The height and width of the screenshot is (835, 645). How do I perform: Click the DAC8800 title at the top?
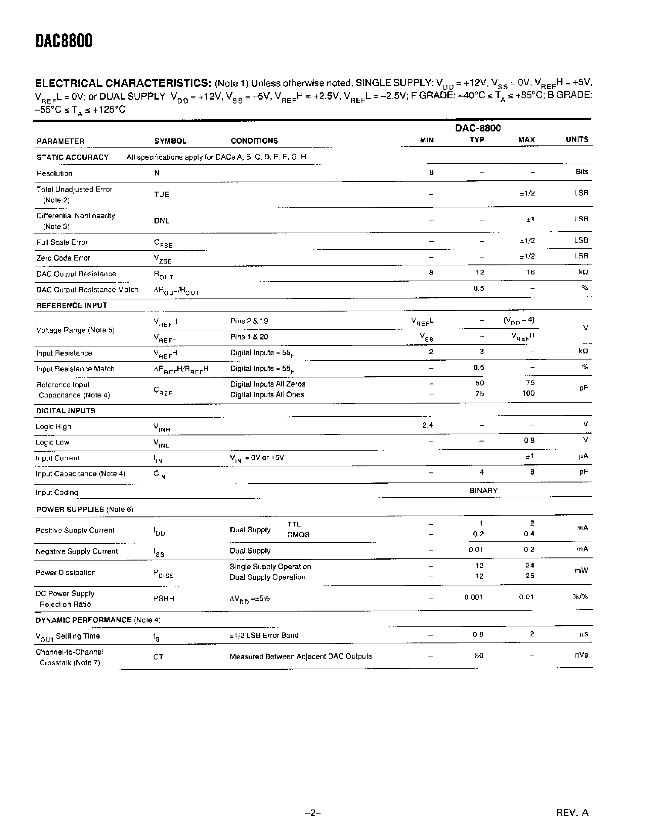click(x=64, y=41)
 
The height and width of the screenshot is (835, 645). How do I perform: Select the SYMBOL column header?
click(x=170, y=141)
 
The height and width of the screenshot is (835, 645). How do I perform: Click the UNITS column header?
click(x=577, y=140)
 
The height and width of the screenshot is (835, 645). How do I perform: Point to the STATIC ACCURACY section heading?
click(x=73, y=157)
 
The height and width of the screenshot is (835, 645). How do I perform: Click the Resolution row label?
click(x=54, y=174)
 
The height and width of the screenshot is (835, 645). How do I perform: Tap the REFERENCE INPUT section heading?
click(x=71, y=305)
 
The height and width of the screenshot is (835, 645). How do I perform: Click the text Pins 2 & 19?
click(x=249, y=321)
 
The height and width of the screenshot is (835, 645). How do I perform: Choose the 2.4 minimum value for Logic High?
click(x=428, y=425)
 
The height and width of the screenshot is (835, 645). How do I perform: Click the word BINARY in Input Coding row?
click(x=483, y=490)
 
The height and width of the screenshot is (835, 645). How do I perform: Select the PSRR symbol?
click(x=164, y=599)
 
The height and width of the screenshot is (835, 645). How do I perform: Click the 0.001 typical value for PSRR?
click(x=474, y=597)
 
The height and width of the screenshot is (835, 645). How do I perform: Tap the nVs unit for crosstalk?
click(x=581, y=655)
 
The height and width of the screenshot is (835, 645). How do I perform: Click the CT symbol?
click(x=158, y=657)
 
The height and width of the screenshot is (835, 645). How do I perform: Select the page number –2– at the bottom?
click(x=313, y=823)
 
